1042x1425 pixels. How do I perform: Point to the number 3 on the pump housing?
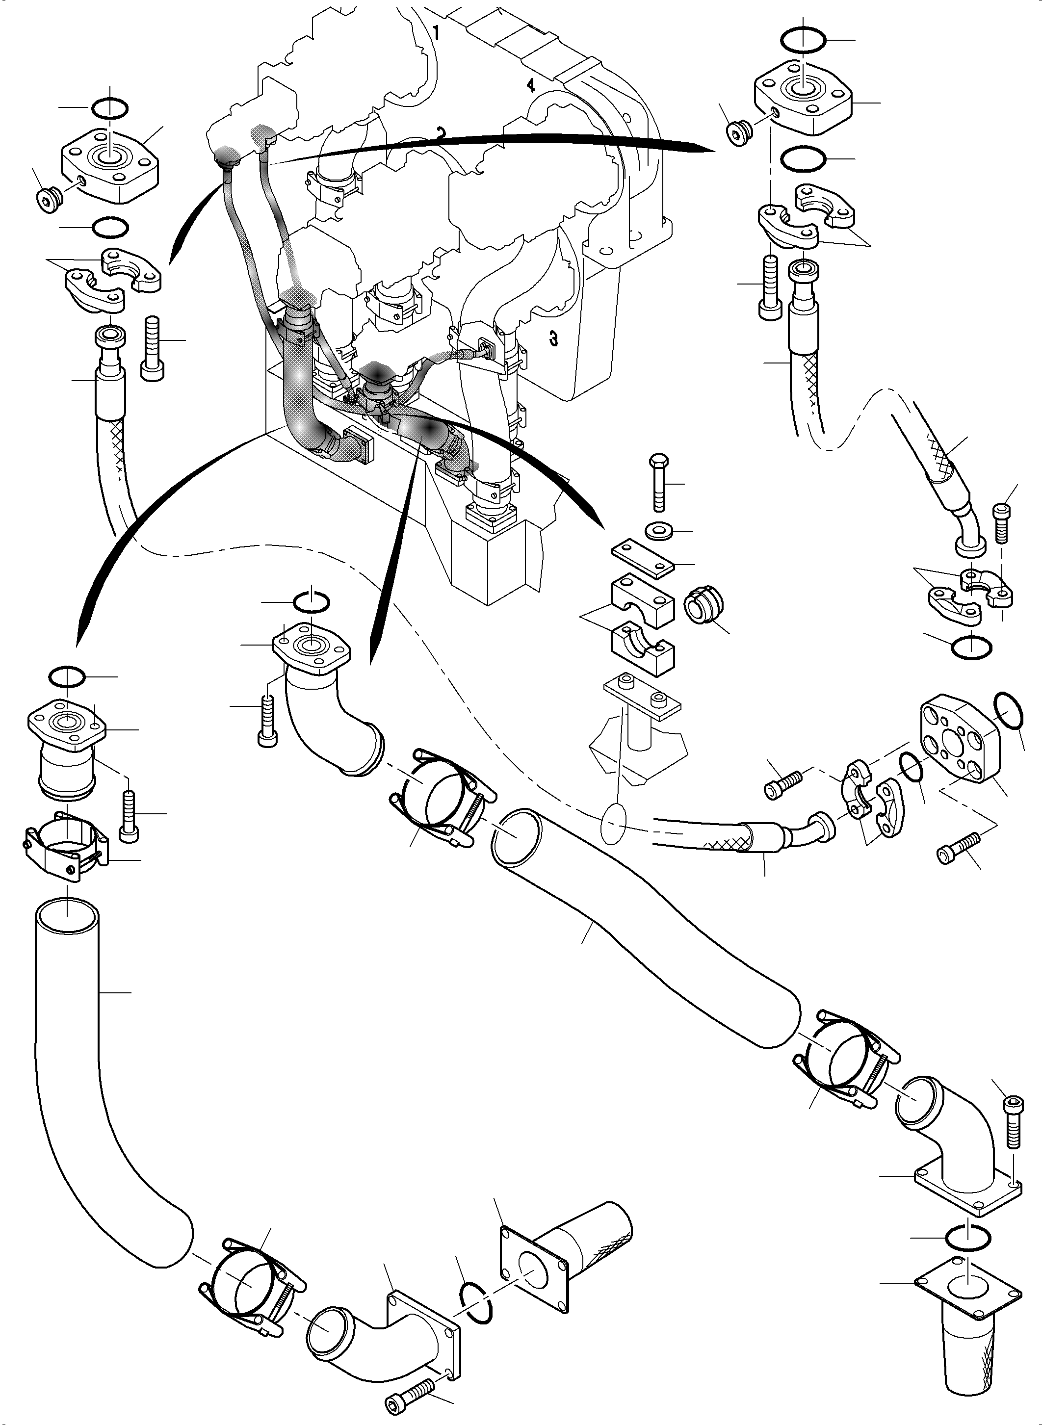point(553,339)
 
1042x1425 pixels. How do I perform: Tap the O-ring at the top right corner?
point(802,40)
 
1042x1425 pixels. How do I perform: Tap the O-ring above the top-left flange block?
point(110,108)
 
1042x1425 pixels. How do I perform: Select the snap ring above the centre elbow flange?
point(312,602)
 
